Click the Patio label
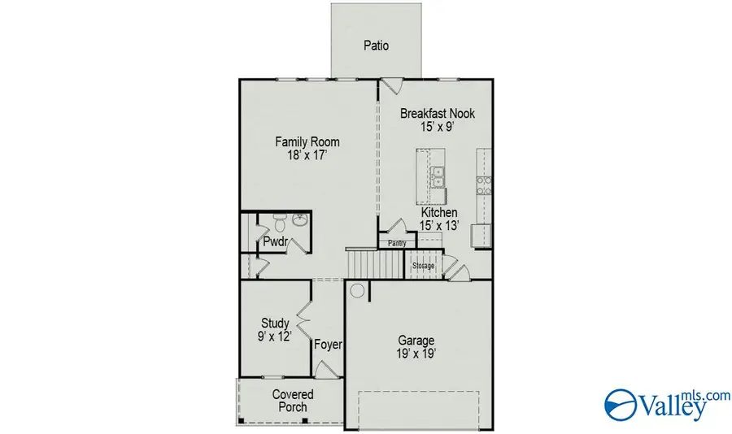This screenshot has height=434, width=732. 375,46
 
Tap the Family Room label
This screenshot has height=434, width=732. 307,142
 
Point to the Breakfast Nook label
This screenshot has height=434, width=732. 437,114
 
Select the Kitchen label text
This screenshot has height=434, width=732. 439,212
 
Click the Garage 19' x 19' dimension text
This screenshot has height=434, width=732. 416,354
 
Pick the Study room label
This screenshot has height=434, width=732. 275,323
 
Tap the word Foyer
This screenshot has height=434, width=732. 329,345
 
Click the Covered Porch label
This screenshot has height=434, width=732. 293,400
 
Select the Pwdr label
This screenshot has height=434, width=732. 273,242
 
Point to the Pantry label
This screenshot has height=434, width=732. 397,243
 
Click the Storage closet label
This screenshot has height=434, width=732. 423,266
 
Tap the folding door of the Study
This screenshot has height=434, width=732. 303,316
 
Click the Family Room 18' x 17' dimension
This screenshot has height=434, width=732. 307,155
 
